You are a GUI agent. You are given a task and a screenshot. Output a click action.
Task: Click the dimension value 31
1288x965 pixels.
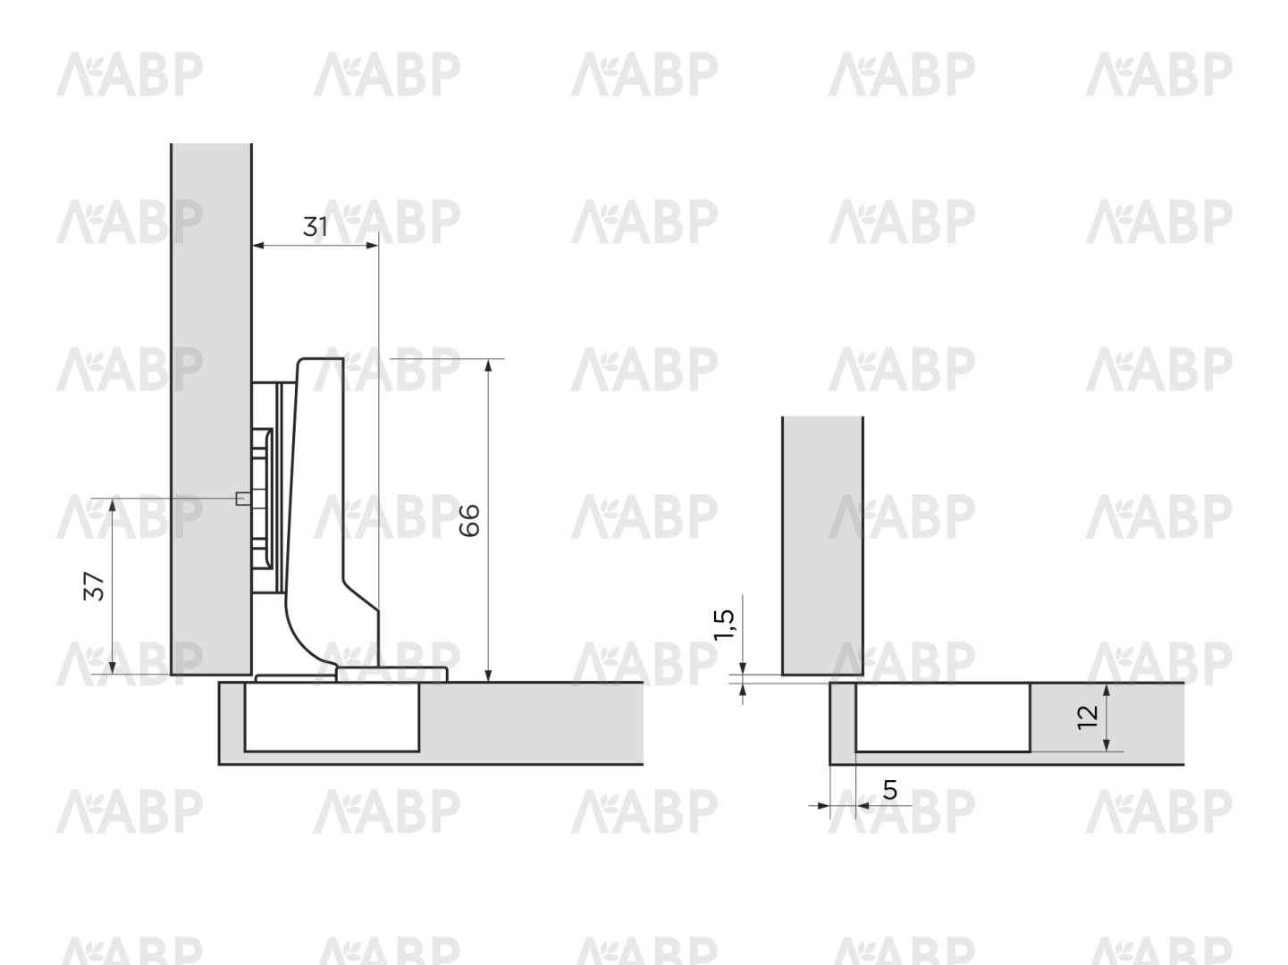(315, 226)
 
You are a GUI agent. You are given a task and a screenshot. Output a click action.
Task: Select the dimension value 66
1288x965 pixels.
(469, 520)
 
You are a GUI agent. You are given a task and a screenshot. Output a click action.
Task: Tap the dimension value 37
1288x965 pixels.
(94, 586)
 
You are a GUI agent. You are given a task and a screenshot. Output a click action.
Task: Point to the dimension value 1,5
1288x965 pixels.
(723, 625)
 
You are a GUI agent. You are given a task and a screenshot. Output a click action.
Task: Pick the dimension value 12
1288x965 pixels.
(1087, 717)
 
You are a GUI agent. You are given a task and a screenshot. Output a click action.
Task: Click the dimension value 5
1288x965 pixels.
(890, 790)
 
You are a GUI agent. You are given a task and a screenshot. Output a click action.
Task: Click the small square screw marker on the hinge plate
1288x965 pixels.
(240, 499)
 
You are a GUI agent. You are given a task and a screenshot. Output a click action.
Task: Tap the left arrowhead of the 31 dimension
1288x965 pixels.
(258, 246)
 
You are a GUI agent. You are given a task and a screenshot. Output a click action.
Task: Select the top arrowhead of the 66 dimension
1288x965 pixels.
(488, 365)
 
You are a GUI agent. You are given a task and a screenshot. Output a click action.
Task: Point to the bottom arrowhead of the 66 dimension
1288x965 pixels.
(488, 675)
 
